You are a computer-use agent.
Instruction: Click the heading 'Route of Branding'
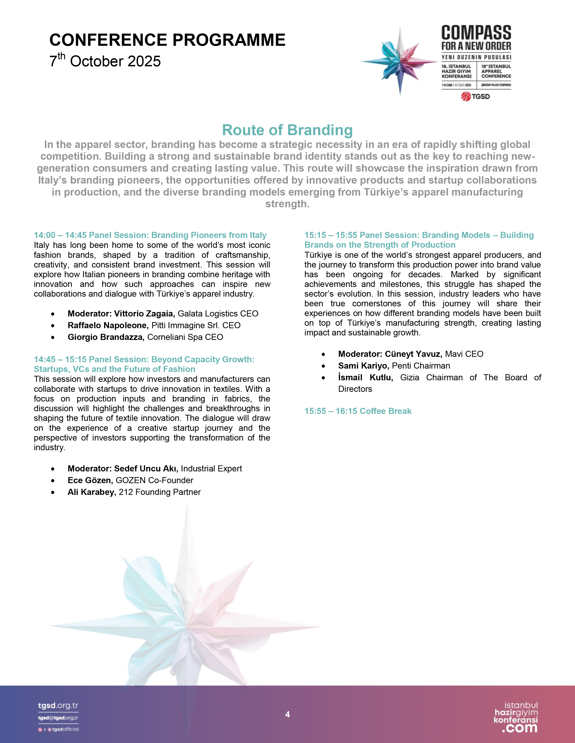pos(287,130)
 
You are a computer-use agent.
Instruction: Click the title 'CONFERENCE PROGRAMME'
pos(167,40)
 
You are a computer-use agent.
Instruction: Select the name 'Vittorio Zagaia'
pos(144,314)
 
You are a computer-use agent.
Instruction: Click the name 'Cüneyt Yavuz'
pos(413,354)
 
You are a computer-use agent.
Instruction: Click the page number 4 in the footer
pos(287,714)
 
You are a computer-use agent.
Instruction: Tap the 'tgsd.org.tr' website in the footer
pos(58,706)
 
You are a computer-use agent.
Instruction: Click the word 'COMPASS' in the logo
pos(476,33)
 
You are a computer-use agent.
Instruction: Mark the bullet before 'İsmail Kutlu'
pos(323,378)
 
